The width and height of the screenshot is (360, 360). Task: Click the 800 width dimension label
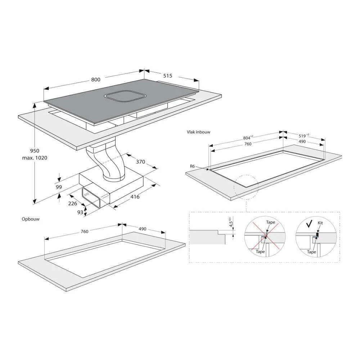pos(96,80)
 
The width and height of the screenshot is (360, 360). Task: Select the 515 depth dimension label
pos(168,76)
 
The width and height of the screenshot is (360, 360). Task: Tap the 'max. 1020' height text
pos(35,158)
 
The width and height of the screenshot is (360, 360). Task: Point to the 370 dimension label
pos(140,162)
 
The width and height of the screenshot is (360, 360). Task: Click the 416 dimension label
pos(135,197)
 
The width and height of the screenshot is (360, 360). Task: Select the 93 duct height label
pos(80,212)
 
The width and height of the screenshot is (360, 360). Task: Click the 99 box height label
pos(59,187)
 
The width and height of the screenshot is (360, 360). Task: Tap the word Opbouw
pos(31,219)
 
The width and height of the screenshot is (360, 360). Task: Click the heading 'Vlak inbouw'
pos(199,132)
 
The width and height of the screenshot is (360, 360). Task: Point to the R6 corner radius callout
pos(192,166)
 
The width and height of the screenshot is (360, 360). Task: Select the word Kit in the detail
pos(320,223)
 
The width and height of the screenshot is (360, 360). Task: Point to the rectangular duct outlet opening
pos(91,197)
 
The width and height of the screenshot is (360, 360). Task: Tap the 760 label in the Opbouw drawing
pos(85,231)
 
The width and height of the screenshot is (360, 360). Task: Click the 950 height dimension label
pos(35,151)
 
